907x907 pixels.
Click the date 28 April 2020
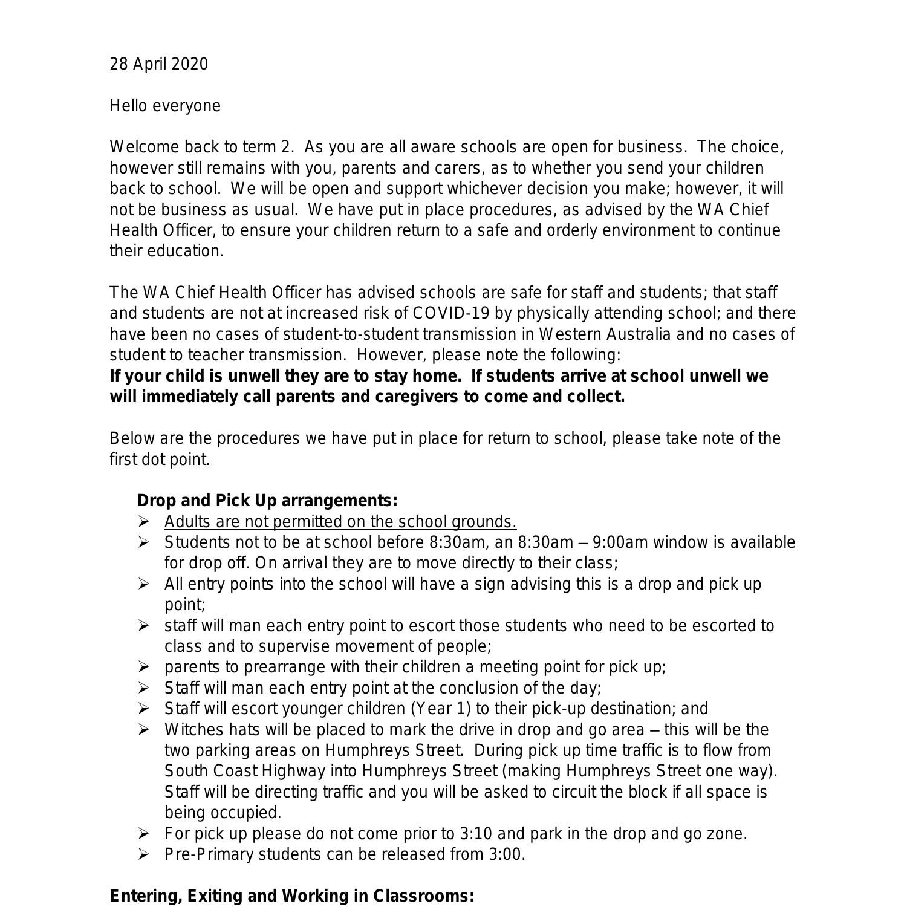[158, 64]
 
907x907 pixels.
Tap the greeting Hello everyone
[165, 106]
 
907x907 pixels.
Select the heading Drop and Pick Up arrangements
[267, 501]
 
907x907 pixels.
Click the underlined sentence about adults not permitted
[340, 522]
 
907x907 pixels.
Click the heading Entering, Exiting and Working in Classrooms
[292, 896]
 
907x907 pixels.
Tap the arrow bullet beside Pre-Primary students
[143, 854]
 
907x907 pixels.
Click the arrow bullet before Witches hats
[143, 730]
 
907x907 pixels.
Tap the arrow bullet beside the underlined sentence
[143, 521]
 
